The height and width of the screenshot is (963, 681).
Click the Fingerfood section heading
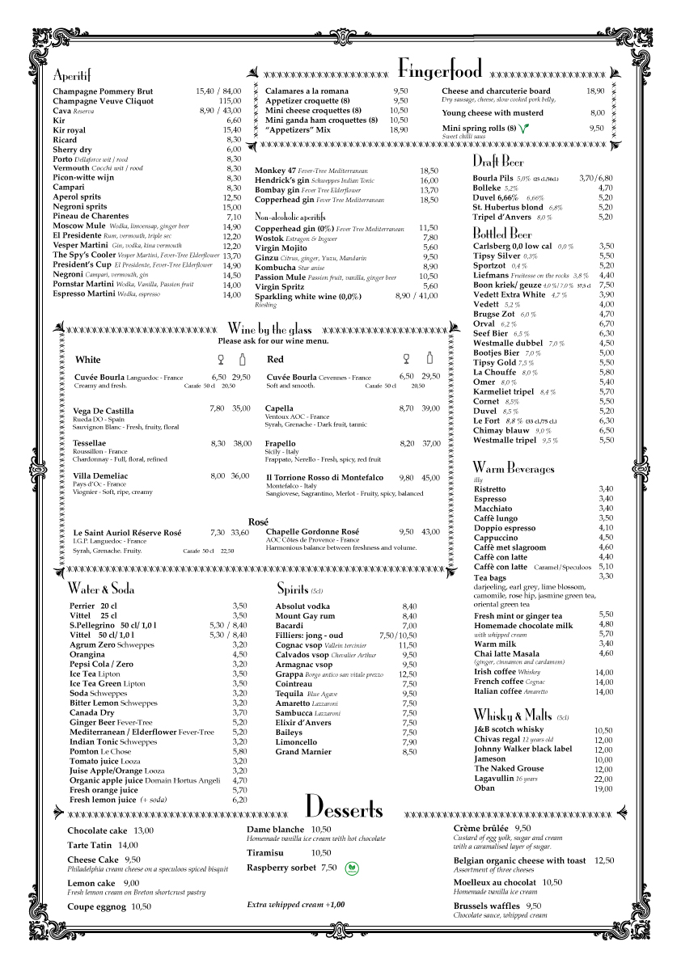pyautogui.click(x=440, y=68)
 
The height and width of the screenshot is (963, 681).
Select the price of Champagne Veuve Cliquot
pyautogui.click(x=230, y=101)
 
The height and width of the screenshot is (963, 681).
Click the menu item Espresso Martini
pyautogui.click(x=84, y=294)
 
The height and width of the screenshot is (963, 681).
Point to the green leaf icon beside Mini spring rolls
pyautogui.click(x=525, y=129)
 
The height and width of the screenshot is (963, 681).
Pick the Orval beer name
pyautogui.click(x=484, y=323)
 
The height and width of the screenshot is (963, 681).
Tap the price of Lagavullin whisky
pyautogui.click(x=603, y=779)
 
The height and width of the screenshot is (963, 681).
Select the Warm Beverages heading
pyautogui.click(x=514, y=468)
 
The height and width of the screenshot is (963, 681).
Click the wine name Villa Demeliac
pyautogui.click(x=100, y=475)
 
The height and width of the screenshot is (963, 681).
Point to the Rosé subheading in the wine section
pyautogui.click(x=258, y=522)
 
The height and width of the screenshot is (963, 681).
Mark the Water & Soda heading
pyautogui.click(x=101, y=589)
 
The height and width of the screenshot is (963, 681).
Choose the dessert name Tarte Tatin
pyautogui.click(x=90, y=845)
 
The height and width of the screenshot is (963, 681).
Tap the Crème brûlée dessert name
pyautogui.click(x=480, y=829)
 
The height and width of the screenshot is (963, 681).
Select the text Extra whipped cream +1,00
pyautogui.click(x=295, y=905)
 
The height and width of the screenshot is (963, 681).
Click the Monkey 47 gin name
pyautogui.click(x=274, y=171)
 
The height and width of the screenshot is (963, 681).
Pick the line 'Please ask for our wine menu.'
pyautogui.click(x=273, y=341)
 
